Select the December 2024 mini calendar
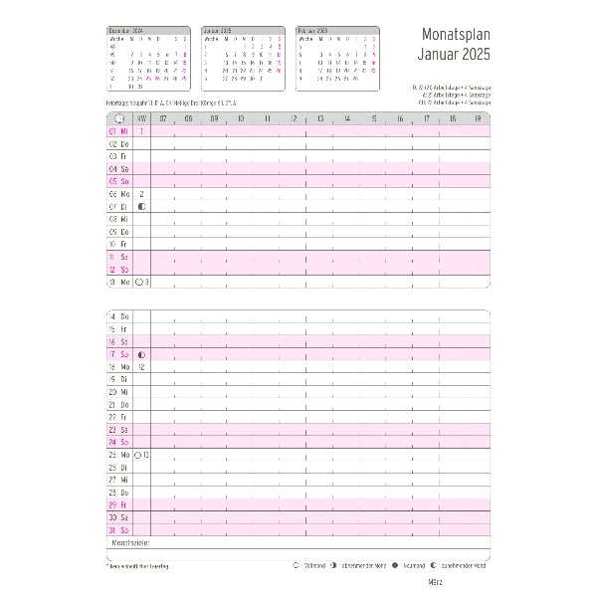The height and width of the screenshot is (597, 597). (148, 60)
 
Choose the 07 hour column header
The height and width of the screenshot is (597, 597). (161, 118)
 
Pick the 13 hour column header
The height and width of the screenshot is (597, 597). (320, 118)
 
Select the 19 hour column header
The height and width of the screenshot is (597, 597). (479, 118)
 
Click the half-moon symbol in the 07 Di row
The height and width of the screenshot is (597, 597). (142, 206)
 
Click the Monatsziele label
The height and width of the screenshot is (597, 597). (130, 544)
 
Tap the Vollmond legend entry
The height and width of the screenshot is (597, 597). (313, 565)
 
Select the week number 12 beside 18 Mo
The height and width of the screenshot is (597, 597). (142, 366)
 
